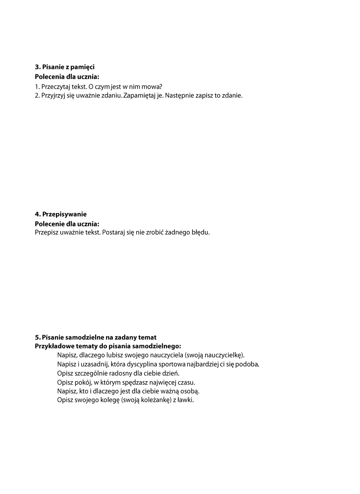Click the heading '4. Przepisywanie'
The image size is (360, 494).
(61, 214)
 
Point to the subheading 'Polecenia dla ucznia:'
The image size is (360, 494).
(67, 77)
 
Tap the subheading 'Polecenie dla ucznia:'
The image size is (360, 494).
(67, 224)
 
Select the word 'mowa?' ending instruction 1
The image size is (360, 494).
(152, 87)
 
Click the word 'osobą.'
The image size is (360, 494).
(190, 392)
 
